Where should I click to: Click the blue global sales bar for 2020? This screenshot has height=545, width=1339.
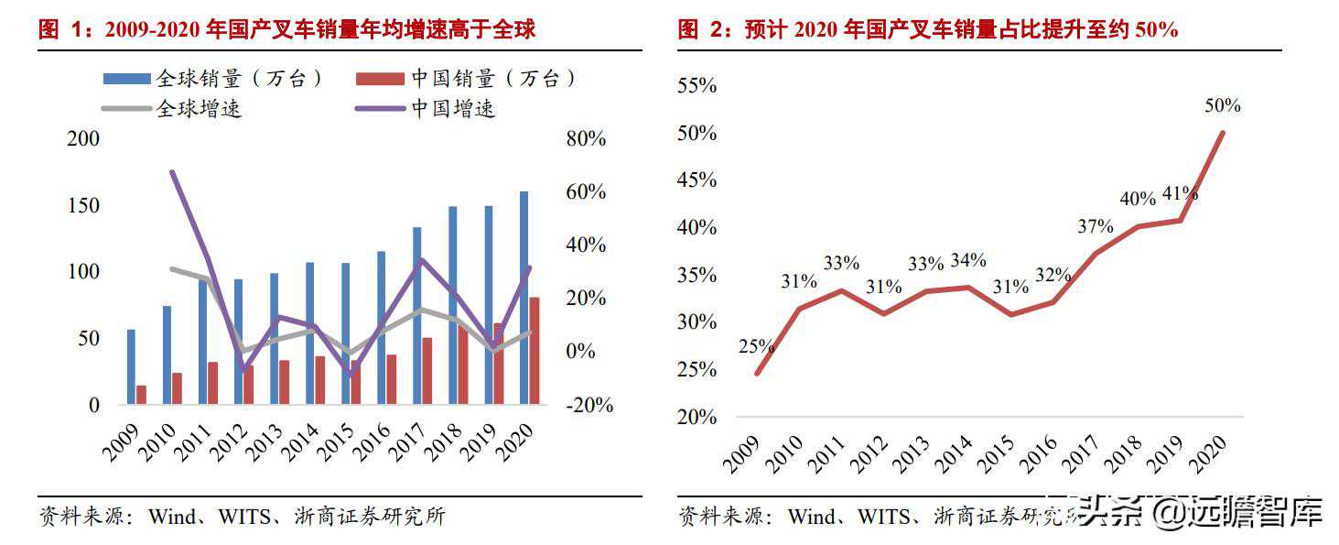coord(524,298)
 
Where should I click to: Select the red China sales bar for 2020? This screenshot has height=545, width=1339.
coord(535,350)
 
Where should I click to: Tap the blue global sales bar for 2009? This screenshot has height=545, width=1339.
coord(131,366)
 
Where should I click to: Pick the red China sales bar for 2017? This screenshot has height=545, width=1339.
coord(427,370)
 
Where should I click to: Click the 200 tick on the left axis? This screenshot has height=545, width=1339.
coord(83,139)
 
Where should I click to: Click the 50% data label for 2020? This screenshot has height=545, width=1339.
coord(1222,106)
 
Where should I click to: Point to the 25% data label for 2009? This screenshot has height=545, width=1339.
coord(757,347)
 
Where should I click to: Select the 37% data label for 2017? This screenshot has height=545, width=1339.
coord(1095,226)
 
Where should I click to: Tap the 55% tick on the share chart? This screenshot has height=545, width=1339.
coord(696,86)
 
